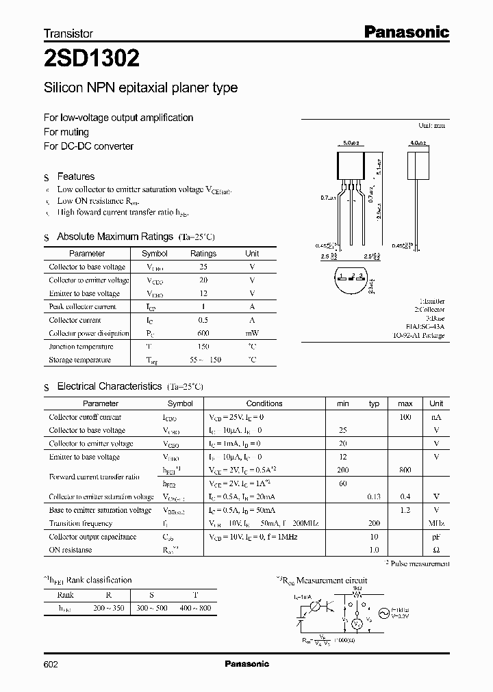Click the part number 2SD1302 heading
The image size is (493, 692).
pos(92,59)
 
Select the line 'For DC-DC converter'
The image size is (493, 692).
pos(88,146)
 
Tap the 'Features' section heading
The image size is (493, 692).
pos(75,176)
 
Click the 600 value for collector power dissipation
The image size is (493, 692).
pos(203,334)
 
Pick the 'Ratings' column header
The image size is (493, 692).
pos(203,254)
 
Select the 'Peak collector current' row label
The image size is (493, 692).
pos(82,307)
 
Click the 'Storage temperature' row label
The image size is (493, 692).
pos(79,360)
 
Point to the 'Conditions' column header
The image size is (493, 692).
pos(264,403)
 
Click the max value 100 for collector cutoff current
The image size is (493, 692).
pos(405,417)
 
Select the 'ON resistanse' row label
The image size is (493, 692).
pos(70,550)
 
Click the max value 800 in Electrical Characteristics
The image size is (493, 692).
pos(405,470)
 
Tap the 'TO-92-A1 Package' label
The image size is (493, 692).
pos(418,336)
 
